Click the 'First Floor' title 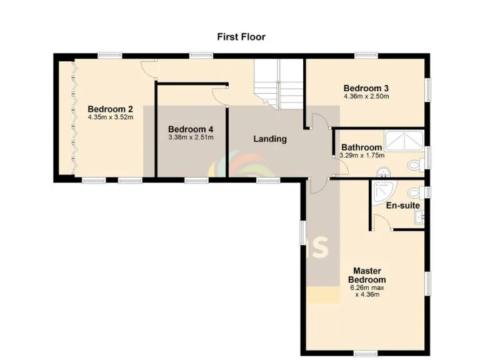click(241, 37)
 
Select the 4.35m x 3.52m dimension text click(111, 116)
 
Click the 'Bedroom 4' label click(191, 129)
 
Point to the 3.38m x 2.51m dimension click(191, 137)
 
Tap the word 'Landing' click(269, 139)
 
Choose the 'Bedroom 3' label click(366, 88)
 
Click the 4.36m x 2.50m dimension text click(366, 97)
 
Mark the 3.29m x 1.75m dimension click(361, 156)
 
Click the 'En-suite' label click(402, 205)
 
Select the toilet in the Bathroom click(414, 166)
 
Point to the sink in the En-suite click(419, 217)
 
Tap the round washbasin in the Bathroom click(382, 172)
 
